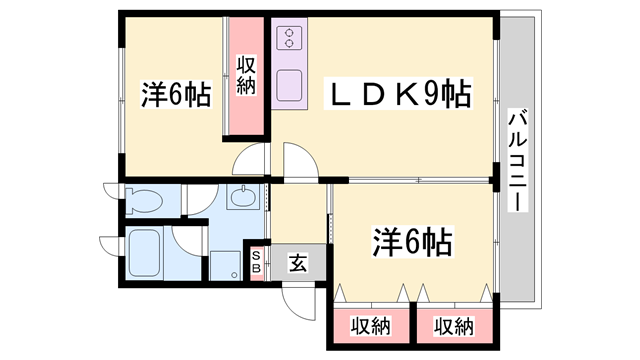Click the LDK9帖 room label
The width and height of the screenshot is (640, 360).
tap(398, 93)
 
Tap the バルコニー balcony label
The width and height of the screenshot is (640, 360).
tap(518, 160)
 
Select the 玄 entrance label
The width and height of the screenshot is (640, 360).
tap(298, 262)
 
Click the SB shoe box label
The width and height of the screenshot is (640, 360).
tap(256, 262)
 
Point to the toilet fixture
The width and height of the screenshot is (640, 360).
tap(143, 200)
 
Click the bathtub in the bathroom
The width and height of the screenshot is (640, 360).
tap(144, 253)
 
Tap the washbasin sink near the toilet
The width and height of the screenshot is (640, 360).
tap(243, 197)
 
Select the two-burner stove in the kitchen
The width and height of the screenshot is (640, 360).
tap(289, 38)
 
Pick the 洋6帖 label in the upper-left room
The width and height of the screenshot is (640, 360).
tap(176, 94)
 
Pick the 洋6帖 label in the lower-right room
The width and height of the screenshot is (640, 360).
tap(412, 241)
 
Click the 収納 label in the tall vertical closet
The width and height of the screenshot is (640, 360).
tap(246, 76)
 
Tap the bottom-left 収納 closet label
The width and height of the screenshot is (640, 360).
tap(371, 326)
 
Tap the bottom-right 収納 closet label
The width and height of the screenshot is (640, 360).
tap(453, 326)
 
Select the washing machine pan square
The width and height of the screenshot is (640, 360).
tap(225, 266)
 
